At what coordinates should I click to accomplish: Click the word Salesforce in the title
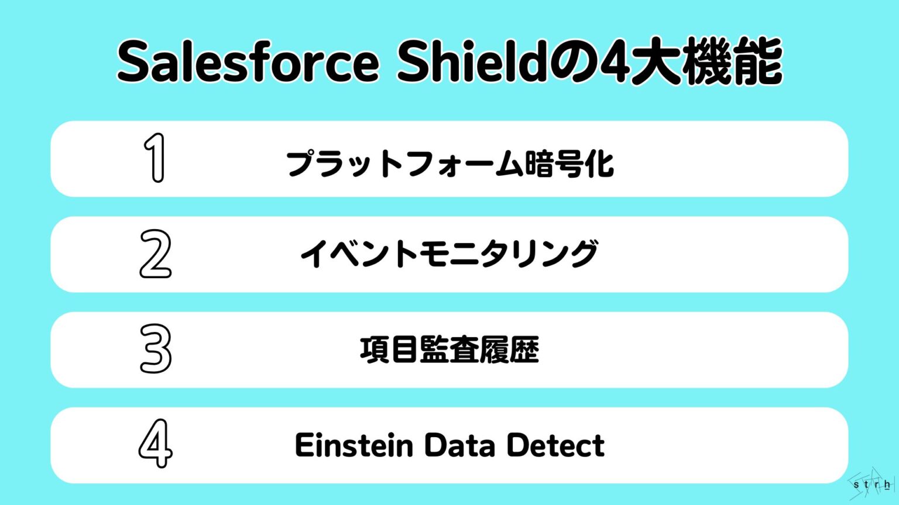tap(248, 63)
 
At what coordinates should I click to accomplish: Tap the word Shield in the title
tap(472, 61)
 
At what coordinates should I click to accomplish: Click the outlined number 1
tap(155, 158)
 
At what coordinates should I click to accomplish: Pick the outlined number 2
tap(156, 254)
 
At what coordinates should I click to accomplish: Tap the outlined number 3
tap(156, 349)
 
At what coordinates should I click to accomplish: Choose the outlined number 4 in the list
tap(156, 444)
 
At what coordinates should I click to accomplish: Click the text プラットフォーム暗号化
tap(449, 164)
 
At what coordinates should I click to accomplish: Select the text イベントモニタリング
tap(449, 254)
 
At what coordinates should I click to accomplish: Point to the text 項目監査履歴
tap(449, 350)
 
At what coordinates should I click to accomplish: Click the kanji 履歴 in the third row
tap(509, 350)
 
